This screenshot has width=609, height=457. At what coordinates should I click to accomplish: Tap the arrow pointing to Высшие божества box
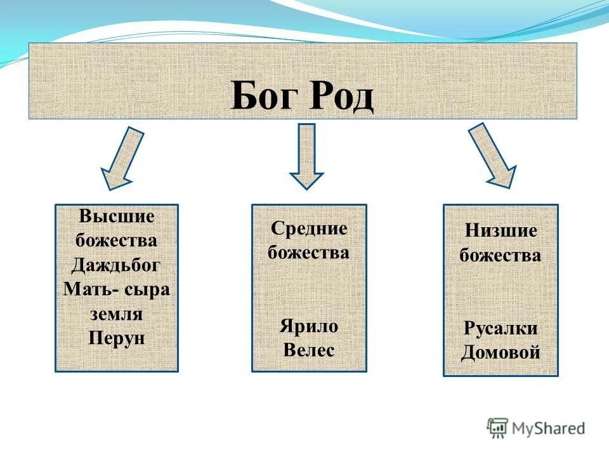pos(122,159)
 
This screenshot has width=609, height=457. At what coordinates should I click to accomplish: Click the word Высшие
pos(117,216)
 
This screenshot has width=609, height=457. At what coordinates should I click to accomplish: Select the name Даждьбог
pos(117,265)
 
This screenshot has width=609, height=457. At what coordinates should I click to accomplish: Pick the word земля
pos(117,314)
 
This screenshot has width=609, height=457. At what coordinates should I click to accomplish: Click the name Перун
pos(117,338)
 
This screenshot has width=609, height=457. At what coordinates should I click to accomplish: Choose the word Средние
pos(309,228)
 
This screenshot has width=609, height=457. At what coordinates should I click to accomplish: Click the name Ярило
pos(309,326)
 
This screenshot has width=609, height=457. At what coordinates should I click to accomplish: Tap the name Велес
pos(309,350)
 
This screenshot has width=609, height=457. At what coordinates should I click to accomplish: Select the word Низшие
pos(501,231)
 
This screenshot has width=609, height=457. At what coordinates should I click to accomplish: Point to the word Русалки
pos(501,329)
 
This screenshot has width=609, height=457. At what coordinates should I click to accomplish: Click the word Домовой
pos(501,352)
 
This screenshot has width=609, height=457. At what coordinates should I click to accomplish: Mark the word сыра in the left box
pos(147,289)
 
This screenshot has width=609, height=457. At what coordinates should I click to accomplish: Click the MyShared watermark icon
pos(497,428)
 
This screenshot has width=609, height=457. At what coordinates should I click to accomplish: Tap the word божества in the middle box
pos(309,253)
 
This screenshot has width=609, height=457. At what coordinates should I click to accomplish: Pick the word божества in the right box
pos(501,255)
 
